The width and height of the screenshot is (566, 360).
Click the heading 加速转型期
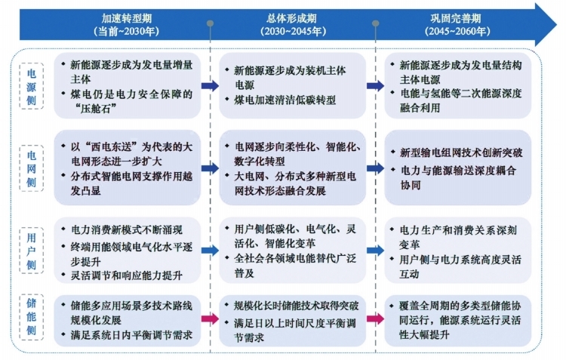(126, 18)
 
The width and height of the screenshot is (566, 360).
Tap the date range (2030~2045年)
(293, 31)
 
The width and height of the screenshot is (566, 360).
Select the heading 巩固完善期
(456, 18)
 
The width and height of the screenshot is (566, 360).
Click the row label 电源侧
(32, 87)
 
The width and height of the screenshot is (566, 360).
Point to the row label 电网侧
(32, 168)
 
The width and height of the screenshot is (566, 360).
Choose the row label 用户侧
(32, 251)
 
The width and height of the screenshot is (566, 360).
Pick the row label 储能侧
(32, 317)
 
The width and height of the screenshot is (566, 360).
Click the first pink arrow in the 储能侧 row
(210, 318)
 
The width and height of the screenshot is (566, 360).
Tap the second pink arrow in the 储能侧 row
(375, 318)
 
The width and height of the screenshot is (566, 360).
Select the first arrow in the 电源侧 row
(210, 85)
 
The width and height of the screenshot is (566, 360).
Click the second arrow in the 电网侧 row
(375, 168)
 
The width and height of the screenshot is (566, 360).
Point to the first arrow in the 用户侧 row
(210, 251)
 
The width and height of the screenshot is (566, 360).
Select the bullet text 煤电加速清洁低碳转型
(285, 100)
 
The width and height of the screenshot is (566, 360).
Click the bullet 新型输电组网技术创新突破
(461, 152)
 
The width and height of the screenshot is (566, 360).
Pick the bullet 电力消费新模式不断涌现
(127, 230)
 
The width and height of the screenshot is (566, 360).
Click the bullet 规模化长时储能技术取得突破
(297, 306)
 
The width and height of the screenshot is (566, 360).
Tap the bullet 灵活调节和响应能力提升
(127, 275)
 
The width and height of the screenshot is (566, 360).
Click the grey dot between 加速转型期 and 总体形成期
(210, 23)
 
